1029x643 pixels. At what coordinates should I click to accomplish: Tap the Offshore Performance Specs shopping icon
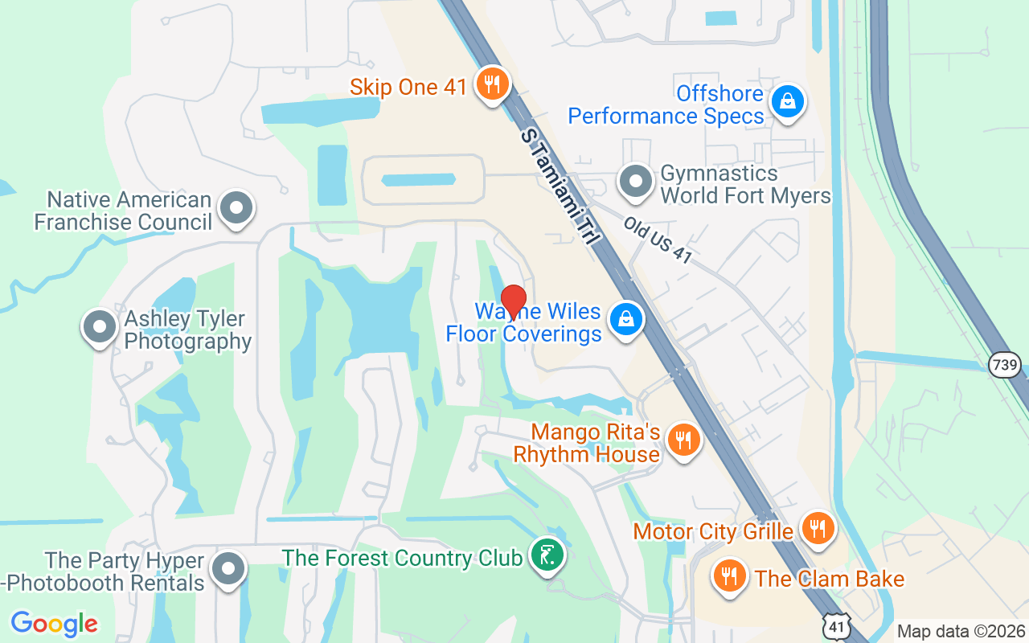[x=787, y=101]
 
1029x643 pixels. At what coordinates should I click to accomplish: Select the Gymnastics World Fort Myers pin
[x=637, y=182]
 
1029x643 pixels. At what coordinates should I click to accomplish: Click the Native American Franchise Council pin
[x=236, y=207]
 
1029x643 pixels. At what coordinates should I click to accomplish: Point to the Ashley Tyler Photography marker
[x=100, y=327]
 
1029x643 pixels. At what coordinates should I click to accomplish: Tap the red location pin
[x=513, y=302]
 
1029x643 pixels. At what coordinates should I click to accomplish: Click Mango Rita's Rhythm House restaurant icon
[x=683, y=440]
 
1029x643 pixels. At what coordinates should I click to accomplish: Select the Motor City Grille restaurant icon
[x=818, y=528]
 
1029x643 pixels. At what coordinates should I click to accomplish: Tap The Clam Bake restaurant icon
[x=729, y=576]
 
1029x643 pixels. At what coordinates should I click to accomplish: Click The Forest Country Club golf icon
[x=547, y=555]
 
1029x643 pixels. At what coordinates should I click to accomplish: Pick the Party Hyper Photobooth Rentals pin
[x=228, y=568]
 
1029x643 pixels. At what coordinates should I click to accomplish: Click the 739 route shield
[x=1005, y=365]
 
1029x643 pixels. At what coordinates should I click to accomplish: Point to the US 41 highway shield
[x=838, y=624]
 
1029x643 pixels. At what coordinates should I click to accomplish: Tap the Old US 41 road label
[x=658, y=239]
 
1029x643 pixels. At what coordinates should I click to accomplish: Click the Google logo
[x=55, y=624]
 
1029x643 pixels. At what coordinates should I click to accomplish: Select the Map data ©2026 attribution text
[x=961, y=631]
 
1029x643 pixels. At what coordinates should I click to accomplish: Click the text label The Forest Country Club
[x=402, y=558]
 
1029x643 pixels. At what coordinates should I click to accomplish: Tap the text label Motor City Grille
[x=713, y=531]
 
